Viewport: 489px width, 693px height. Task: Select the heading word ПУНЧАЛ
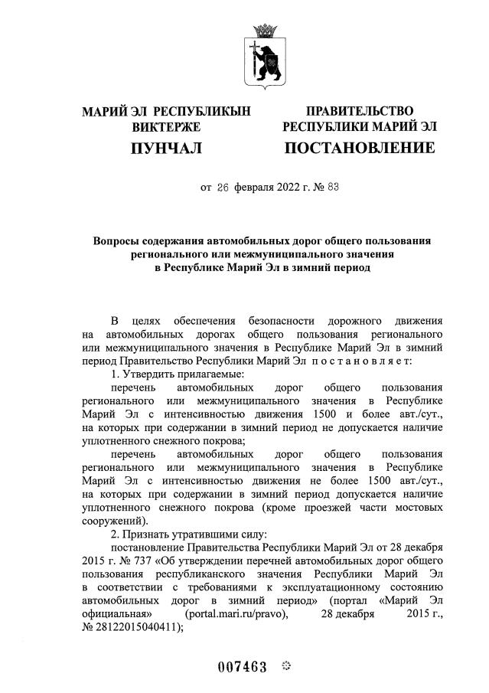tap(166, 147)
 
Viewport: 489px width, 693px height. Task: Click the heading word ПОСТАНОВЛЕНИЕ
tap(360, 147)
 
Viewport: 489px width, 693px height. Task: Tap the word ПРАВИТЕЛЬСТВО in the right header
tap(360, 112)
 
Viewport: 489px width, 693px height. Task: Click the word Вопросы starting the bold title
tap(118, 240)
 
